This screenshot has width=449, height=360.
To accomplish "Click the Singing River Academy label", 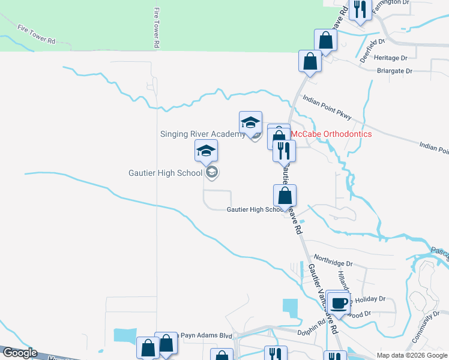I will pyautogui.click(x=202, y=134).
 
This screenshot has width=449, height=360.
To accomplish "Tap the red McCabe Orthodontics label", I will pyautogui.click(x=331, y=134).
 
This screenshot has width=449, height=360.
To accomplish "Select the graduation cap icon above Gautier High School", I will pyautogui.click(x=206, y=151).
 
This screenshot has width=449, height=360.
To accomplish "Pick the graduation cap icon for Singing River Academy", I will pyautogui.click(x=250, y=122).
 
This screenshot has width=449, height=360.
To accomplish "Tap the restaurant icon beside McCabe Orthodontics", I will pyautogui.click(x=284, y=150).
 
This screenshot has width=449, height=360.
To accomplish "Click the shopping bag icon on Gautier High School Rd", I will pyautogui.click(x=285, y=196).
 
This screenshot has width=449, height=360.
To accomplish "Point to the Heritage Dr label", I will pyautogui.click(x=390, y=58).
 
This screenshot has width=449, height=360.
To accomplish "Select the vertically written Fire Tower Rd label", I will pyautogui.click(x=157, y=28).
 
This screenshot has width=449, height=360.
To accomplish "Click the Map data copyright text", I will pyautogui.click(x=411, y=355).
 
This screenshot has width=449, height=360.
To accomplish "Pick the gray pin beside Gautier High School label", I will pyautogui.click(x=211, y=173).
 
